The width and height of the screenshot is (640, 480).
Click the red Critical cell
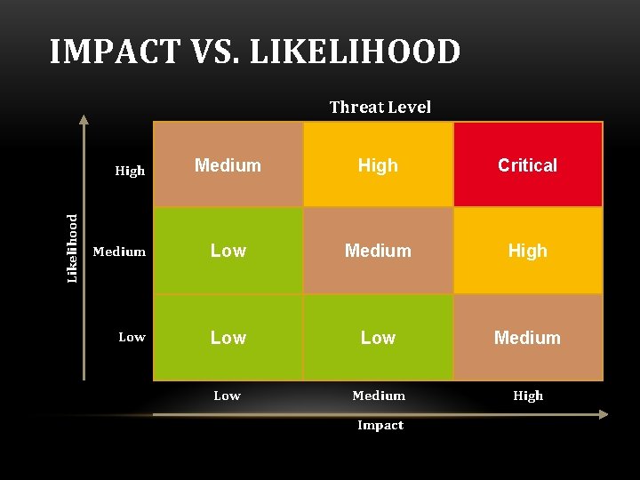tap(528, 164)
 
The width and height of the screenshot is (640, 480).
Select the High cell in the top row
tap(378, 164)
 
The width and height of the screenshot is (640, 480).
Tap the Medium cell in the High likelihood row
tap(228, 164)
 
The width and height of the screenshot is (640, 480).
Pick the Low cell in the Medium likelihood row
tap(228, 251)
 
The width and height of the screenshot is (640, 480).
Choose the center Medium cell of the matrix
tap(378, 251)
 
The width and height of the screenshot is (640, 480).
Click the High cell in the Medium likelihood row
tap(528, 251)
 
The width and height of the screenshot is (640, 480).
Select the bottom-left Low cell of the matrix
tap(228, 338)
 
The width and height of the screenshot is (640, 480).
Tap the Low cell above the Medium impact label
tap(378, 338)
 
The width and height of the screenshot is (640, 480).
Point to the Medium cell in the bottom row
tap(528, 338)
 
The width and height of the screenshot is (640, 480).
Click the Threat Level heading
tap(380, 108)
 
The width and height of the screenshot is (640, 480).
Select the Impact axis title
tap(380, 425)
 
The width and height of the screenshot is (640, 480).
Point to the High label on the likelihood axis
tap(130, 171)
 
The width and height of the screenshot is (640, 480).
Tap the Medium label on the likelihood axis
tap(119, 252)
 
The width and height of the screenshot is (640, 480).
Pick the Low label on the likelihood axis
tap(132, 337)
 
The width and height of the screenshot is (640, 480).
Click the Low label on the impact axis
tap(227, 396)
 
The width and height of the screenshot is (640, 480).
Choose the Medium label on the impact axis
tap(379, 396)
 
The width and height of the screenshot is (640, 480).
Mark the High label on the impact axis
tap(528, 396)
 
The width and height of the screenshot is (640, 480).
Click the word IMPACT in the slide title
tap(115, 52)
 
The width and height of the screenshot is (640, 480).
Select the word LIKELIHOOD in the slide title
tap(355, 52)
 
